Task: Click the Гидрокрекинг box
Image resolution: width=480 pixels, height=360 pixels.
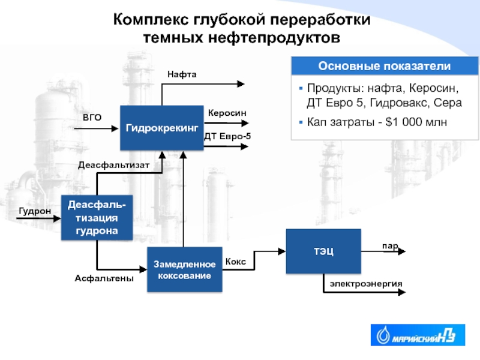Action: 161,128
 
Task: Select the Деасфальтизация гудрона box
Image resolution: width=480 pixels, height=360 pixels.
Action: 97,218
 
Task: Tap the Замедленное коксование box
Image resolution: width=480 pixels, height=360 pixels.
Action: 184,269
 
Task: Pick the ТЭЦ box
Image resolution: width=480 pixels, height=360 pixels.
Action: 323,250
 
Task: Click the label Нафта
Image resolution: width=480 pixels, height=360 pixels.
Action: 182,74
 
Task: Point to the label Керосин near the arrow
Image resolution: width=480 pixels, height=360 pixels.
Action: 227,113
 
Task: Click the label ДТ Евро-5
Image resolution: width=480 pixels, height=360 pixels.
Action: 227,137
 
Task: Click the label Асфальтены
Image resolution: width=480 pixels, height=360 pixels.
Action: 103,278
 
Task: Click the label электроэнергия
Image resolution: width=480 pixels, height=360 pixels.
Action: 362,282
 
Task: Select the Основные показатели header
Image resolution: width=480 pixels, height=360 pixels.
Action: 384,65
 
